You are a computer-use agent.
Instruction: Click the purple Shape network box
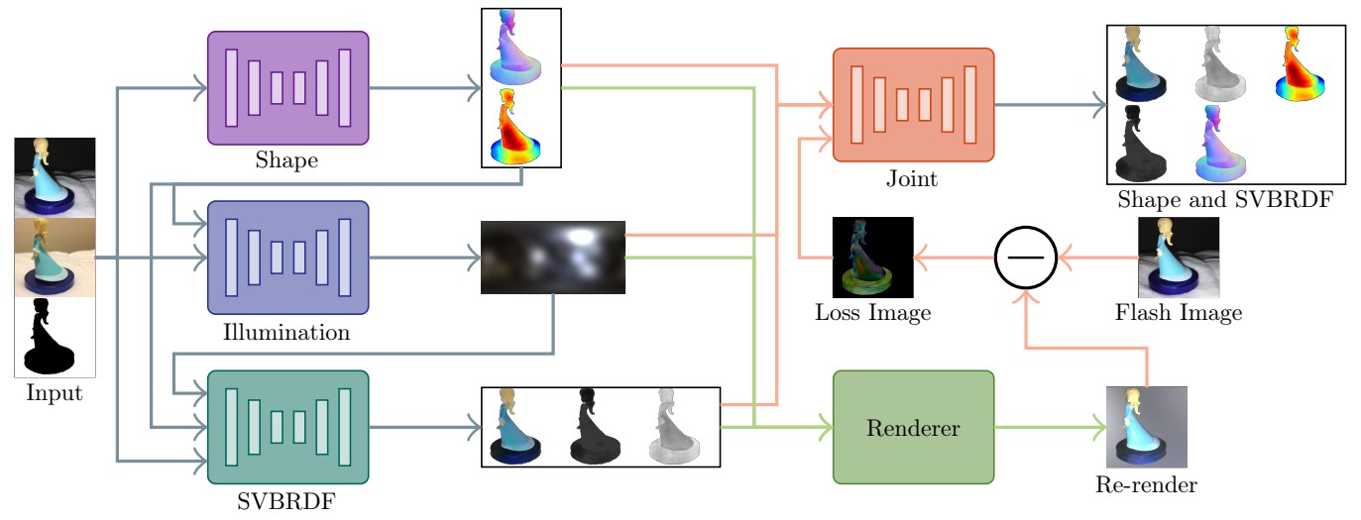(287, 88)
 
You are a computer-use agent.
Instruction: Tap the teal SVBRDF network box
(287, 427)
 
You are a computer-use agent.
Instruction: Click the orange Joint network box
(913, 104)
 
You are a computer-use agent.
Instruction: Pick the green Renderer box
(913, 428)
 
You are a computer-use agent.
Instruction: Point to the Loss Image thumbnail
(872, 258)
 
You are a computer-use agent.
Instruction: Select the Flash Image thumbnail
(1179, 258)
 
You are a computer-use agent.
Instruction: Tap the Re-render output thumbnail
(1146, 427)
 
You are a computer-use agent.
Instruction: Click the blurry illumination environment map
(553, 258)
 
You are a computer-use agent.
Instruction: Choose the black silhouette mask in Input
(54, 337)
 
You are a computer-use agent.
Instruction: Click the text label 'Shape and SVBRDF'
(1225, 200)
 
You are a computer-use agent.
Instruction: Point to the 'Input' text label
(54, 394)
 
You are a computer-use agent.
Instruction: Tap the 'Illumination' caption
(287, 333)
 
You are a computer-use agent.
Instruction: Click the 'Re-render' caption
(1146, 485)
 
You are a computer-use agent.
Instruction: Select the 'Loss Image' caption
(872, 314)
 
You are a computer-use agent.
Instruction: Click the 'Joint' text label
(913, 179)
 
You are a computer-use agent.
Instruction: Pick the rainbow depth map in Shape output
(520, 127)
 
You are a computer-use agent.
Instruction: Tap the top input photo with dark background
(54, 176)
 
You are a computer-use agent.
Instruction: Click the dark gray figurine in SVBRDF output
(596, 427)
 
